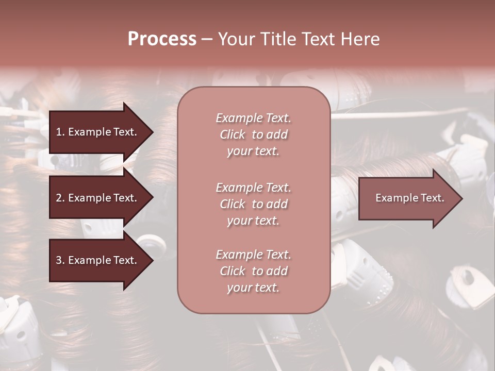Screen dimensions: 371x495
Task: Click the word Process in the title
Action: point(162,39)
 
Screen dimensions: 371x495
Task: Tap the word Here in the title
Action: point(360,39)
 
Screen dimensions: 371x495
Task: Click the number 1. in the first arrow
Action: point(60,132)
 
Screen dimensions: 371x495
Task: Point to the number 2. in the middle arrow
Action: point(60,198)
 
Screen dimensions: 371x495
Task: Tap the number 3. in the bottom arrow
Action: point(60,260)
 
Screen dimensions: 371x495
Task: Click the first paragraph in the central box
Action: point(253,134)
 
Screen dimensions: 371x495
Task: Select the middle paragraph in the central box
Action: point(253,204)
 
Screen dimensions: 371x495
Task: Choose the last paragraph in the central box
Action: point(253,271)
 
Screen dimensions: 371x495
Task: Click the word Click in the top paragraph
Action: point(233,134)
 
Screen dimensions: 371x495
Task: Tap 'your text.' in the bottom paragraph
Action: point(253,288)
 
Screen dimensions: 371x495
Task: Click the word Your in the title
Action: point(235,39)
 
